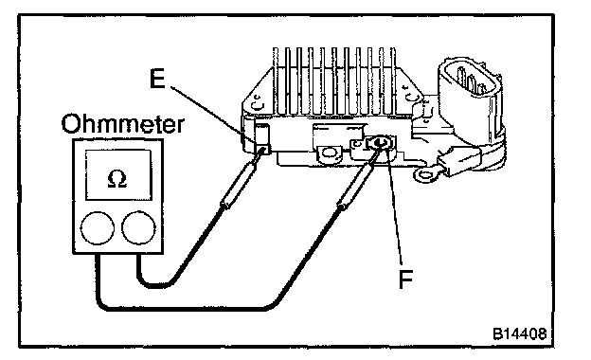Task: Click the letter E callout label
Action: (157, 80)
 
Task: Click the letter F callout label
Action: (406, 279)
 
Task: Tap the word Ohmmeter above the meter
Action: (123, 124)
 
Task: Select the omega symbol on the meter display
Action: (117, 179)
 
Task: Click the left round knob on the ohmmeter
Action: (98, 228)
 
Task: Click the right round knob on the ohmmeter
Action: (138, 228)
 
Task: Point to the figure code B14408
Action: (519, 333)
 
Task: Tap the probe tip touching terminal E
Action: (262, 152)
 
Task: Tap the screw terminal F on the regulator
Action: (380, 144)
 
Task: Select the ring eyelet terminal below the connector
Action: (426, 174)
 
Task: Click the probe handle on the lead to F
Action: (356, 180)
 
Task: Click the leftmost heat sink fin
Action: (276, 81)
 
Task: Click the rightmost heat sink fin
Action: (393, 81)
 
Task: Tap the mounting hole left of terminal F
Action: (330, 153)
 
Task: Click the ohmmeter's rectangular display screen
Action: (118, 174)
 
